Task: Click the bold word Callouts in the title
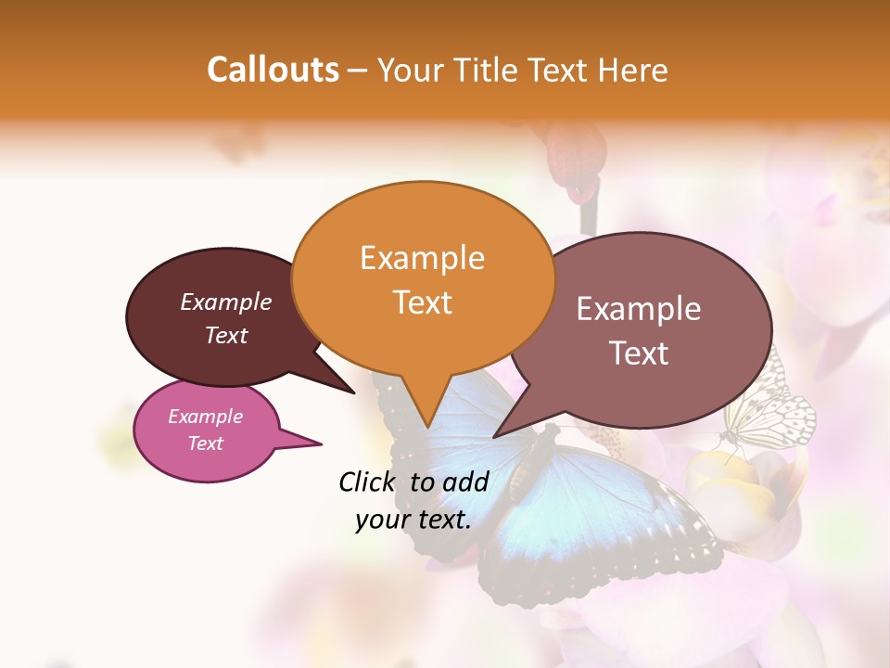(273, 70)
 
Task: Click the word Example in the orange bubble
(422, 258)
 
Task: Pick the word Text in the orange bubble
(422, 302)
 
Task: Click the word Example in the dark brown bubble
(225, 302)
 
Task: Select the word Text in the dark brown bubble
(225, 335)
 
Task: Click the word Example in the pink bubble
(205, 417)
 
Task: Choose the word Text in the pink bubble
(205, 443)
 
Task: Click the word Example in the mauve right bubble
(639, 309)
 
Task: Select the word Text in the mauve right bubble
(639, 353)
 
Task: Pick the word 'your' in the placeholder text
(382, 520)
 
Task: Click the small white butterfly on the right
(769, 413)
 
